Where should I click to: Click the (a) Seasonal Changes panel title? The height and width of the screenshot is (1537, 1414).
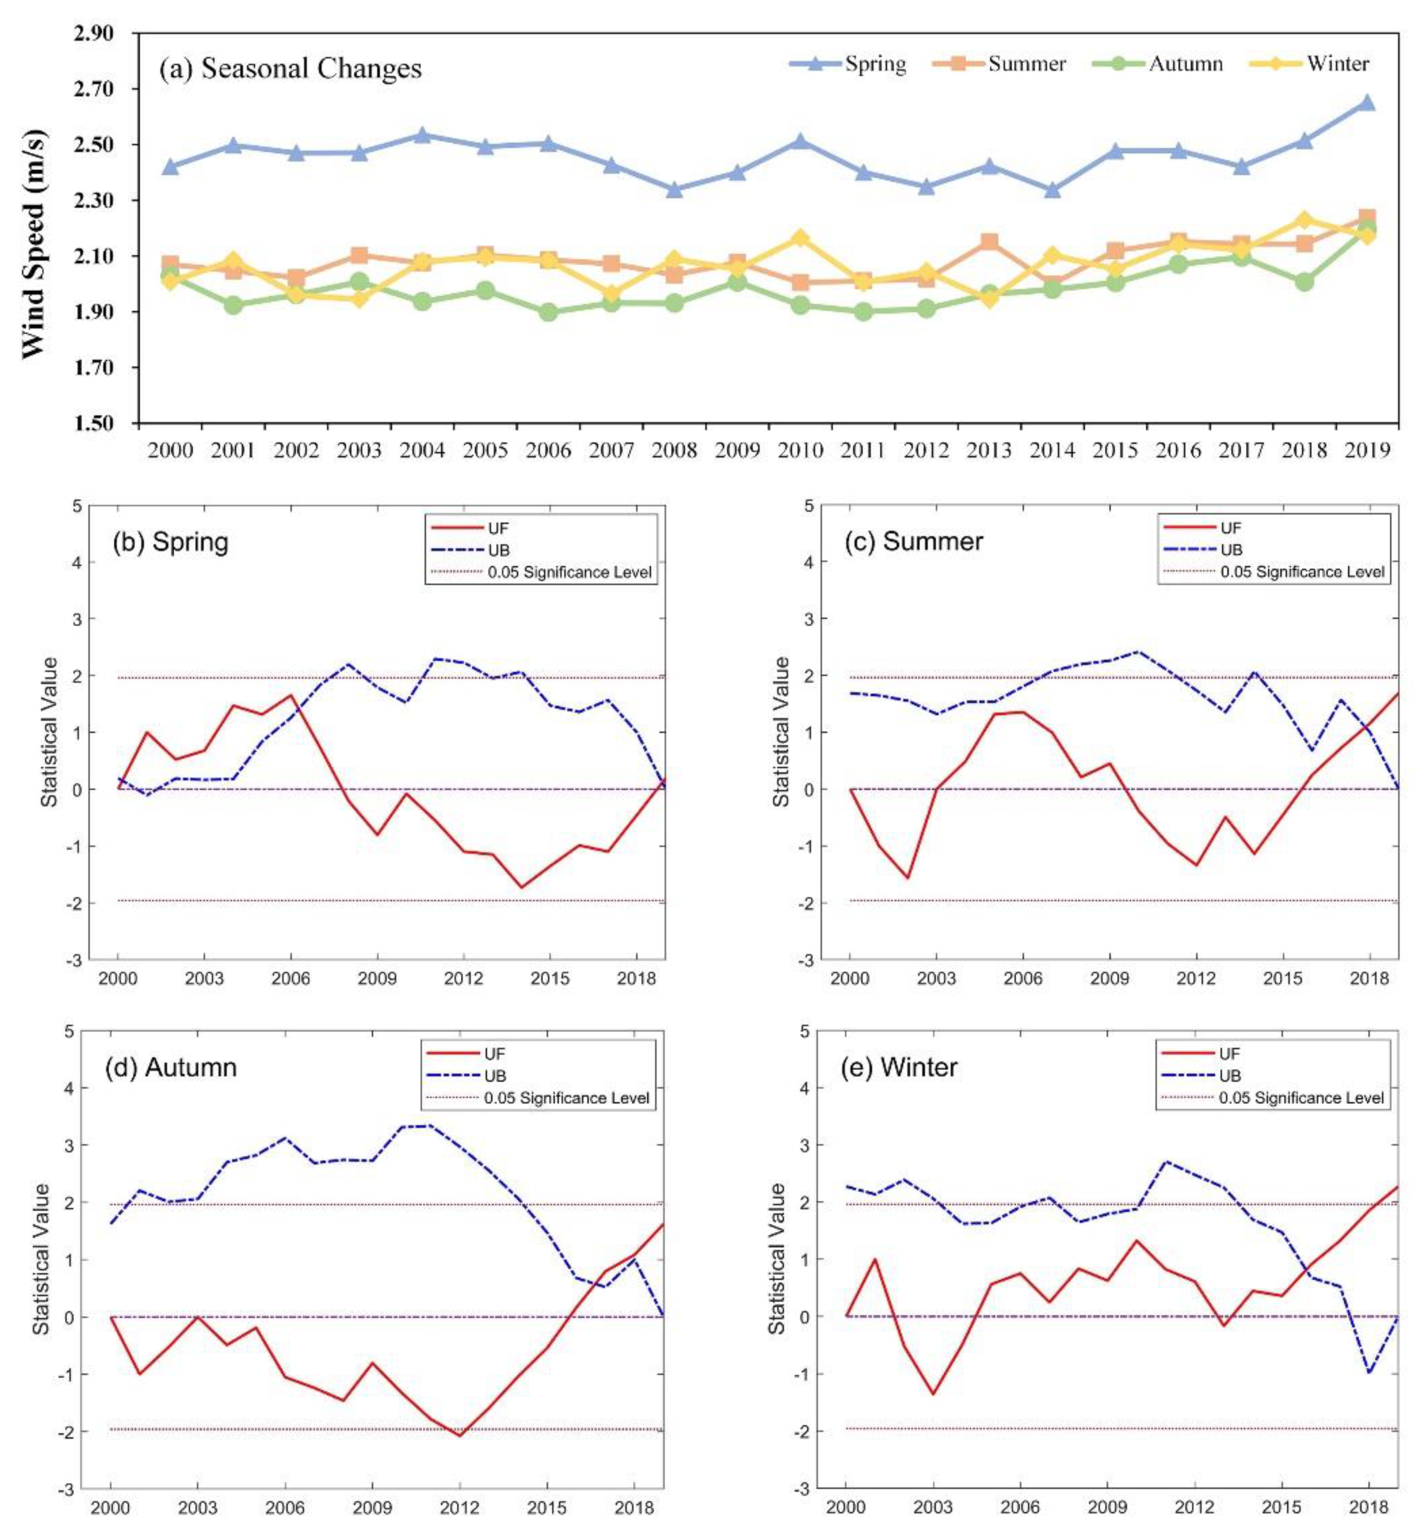click(291, 69)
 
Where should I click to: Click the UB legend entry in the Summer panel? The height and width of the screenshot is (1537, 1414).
click(1231, 550)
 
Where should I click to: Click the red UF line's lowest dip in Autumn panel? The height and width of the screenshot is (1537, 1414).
click(460, 1435)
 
